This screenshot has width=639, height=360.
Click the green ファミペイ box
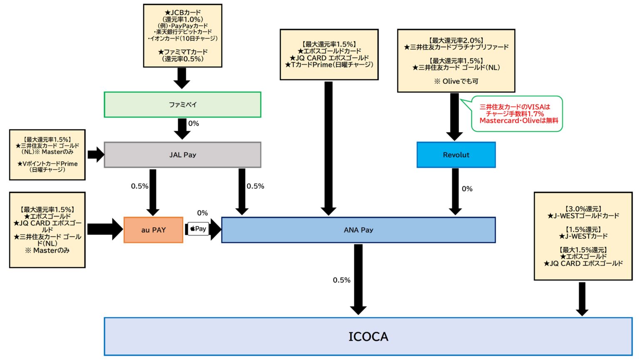click(x=182, y=105)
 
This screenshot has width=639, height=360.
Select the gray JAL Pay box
click(x=182, y=155)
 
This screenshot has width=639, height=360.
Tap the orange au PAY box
click(x=153, y=230)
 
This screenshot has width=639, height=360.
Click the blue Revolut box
click(x=456, y=155)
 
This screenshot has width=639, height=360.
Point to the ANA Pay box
click(x=358, y=230)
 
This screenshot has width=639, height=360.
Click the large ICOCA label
click(x=368, y=337)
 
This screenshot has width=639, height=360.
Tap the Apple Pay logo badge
click(x=198, y=229)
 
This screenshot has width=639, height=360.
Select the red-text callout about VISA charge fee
click(x=517, y=113)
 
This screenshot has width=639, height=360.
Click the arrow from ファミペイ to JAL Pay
click(x=182, y=128)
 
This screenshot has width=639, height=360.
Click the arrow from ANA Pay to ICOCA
click(x=358, y=279)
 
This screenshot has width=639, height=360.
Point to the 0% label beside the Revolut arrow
click(x=467, y=189)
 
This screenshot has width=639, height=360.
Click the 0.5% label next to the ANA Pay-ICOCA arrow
click(x=342, y=280)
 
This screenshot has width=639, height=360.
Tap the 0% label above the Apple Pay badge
click(x=203, y=213)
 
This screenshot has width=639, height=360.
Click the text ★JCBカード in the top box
click(x=183, y=12)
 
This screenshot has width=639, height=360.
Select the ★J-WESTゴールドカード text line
click(x=583, y=216)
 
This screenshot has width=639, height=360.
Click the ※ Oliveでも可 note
click(x=456, y=81)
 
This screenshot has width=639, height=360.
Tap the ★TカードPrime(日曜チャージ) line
click(x=329, y=65)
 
